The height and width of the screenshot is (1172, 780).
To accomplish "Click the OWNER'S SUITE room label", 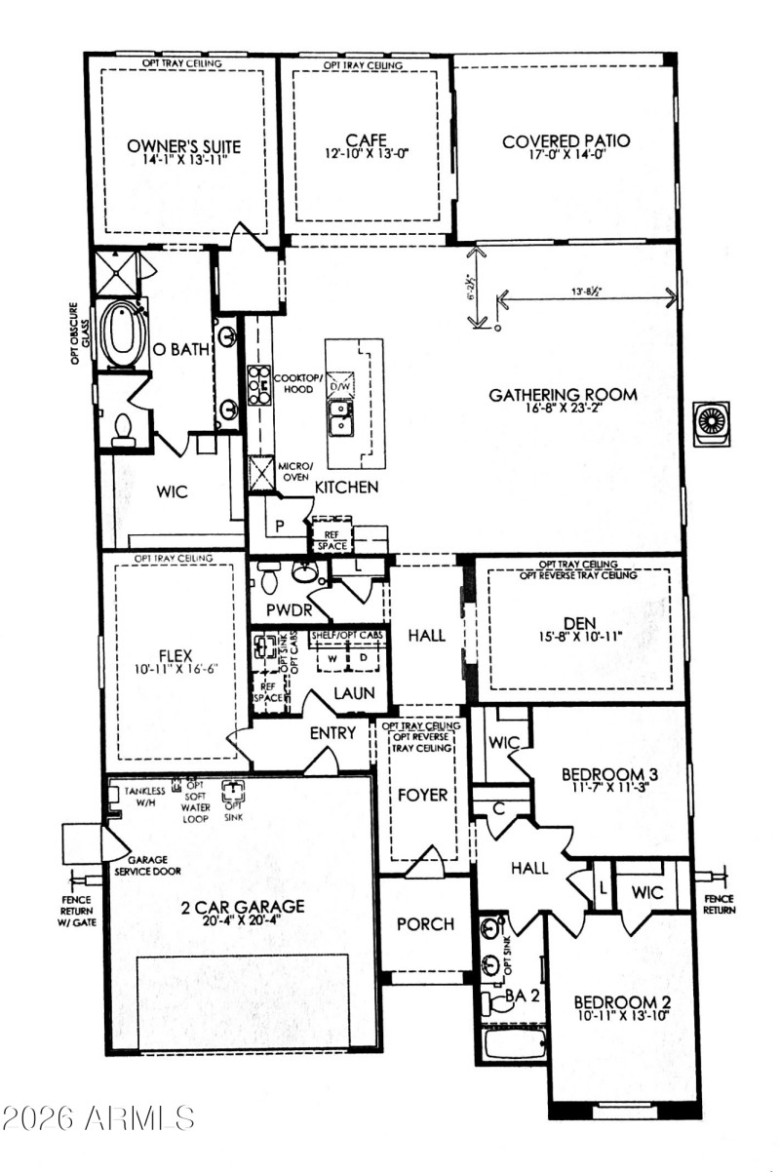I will (183, 146).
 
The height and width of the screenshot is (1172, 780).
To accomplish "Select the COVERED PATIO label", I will (565, 141).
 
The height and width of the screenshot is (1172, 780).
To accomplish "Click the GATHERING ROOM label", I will (563, 395).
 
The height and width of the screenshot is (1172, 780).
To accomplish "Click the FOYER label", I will (422, 795).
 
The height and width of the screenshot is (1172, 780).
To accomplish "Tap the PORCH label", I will (424, 923).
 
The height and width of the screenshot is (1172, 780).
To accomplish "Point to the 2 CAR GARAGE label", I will (243, 906).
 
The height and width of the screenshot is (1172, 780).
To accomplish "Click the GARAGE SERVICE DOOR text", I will (146, 854).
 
